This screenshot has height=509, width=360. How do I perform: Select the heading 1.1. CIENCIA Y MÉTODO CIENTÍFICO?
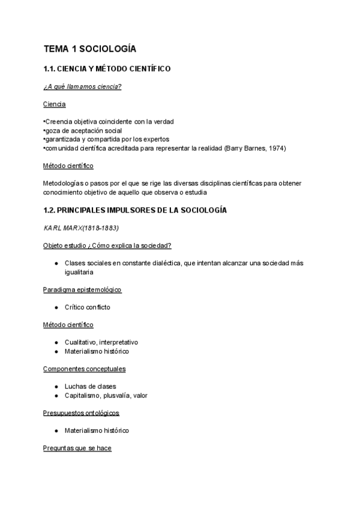107,69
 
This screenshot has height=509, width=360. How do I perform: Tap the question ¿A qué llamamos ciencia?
82,87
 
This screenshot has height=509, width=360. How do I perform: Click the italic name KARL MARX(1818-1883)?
81,228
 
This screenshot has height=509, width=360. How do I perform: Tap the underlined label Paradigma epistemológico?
82,290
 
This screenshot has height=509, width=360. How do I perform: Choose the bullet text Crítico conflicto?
88,307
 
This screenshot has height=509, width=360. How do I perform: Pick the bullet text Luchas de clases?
91,387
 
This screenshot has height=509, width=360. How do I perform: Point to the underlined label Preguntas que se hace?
77,448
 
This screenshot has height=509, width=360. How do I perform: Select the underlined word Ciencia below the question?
55,104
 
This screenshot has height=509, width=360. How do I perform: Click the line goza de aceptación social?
83,130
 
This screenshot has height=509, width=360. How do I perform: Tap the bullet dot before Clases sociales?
56,264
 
